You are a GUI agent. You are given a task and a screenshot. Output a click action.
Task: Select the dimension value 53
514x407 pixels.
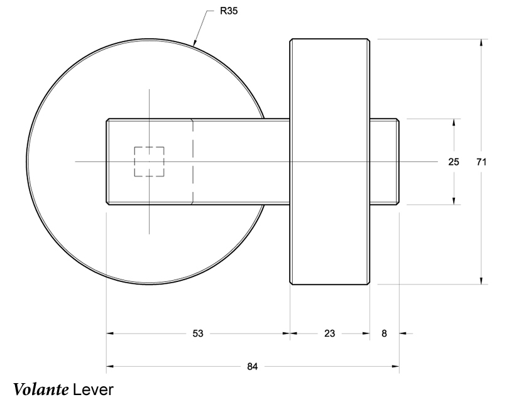coord(197,334)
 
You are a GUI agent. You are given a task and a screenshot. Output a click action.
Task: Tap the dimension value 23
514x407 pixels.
coord(329,334)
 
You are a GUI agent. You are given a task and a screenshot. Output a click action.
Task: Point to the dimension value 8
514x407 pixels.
coord(385,334)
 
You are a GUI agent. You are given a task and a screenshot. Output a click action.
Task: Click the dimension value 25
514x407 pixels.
coord(453,161)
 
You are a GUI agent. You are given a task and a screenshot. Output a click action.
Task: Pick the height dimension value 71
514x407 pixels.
coord(481,161)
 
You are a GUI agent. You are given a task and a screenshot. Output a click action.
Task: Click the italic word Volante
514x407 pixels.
coord(40,389)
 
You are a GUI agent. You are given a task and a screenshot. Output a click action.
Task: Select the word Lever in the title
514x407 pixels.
coord(92,389)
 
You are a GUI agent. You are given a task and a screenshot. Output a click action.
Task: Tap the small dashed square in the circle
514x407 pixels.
coord(149,161)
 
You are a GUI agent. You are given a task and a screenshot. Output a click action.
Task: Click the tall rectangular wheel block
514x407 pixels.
coord(329,94)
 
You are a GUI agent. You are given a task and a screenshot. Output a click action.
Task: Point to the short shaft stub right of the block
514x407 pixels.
coord(384,161)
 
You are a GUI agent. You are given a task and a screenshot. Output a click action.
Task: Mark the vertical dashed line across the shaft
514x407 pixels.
coord(192,161)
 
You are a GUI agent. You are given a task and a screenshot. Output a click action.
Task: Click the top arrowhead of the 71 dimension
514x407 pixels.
coord(481,43)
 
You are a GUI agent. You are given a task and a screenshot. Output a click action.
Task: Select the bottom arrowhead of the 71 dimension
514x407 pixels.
coord(481,280)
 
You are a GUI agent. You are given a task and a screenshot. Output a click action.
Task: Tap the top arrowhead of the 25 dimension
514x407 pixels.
coord(454,122)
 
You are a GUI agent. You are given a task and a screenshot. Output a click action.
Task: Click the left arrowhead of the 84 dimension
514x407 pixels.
coord(111,366)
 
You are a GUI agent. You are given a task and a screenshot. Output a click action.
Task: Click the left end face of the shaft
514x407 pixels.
coord(107,161)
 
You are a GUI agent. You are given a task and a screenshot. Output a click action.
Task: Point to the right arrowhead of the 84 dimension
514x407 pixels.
coord(395,366)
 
